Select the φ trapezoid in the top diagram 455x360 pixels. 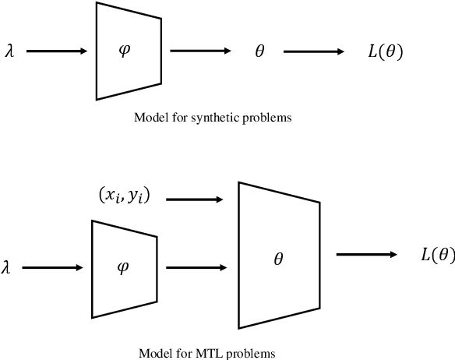pos(129,51)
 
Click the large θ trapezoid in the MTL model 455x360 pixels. pos(278,255)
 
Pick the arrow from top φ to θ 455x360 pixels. pos(200,51)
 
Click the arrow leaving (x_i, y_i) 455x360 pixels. pos(195,199)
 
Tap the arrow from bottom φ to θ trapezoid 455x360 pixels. pos(195,267)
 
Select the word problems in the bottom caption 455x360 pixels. pos(252,353)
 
